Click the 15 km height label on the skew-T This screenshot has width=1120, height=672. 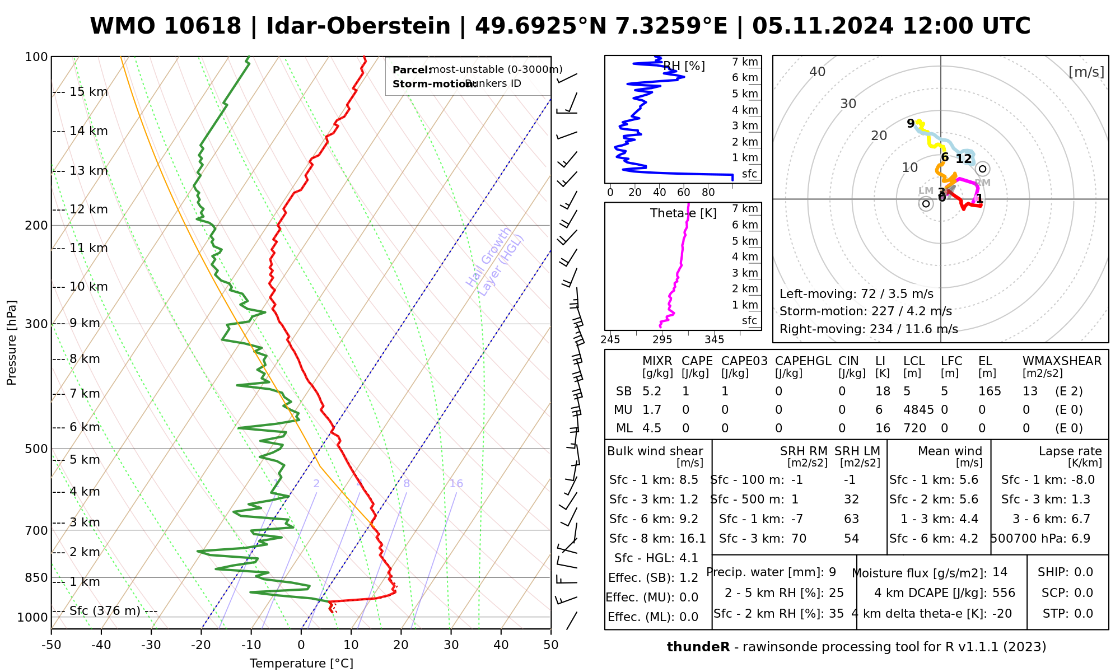point(88,92)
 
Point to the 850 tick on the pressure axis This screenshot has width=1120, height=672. point(37,577)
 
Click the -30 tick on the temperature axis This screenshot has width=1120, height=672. point(151,645)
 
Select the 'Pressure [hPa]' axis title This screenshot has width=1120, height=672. point(12,343)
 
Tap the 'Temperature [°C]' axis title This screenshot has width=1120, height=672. point(301,664)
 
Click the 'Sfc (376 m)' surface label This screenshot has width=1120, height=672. point(105,610)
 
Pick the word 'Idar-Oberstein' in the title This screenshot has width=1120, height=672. point(358,26)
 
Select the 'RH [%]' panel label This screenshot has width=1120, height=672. point(684,66)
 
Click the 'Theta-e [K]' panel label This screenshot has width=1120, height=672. point(683,213)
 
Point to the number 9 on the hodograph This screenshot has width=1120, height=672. point(911,123)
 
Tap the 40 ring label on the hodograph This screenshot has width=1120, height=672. point(818,72)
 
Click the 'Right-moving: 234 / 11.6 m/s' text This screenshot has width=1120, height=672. point(869,329)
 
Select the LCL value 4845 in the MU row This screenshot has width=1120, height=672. point(918,410)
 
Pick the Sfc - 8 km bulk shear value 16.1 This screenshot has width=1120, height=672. point(693,539)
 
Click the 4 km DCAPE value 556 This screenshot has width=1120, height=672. point(1004,592)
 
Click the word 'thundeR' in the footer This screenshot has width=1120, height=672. point(698,647)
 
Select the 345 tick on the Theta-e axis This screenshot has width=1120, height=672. point(714,339)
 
